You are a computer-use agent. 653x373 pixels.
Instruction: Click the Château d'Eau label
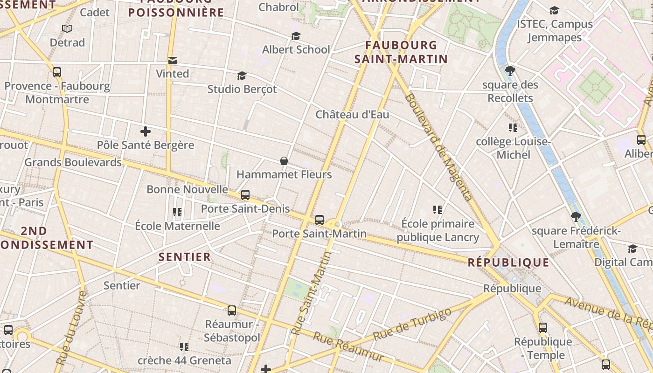(x=352, y=114)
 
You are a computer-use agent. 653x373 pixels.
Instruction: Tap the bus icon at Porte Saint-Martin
(x=320, y=220)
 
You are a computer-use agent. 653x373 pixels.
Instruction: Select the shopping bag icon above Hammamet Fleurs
(x=284, y=161)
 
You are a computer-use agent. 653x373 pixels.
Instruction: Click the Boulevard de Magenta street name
(x=439, y=147)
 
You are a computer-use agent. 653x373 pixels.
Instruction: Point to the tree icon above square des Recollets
(x=510, y=71)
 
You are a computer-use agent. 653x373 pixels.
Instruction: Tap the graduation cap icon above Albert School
(x=296, y=36)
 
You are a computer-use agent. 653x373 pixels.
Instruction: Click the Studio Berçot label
(x=242, y=89)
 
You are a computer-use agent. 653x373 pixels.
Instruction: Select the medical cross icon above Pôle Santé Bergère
(x=146, y=131)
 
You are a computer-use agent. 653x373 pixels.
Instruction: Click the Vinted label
(x=172, y=74)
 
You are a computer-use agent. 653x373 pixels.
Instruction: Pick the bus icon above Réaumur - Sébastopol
(x=232, y=310)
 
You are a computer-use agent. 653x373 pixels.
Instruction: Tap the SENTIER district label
(x=185, y=257)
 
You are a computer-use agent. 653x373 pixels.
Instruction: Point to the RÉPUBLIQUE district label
(x=508, y=262)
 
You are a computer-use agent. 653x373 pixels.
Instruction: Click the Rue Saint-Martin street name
(x=310, y=294)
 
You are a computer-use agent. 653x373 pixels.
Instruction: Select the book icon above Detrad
(x=67, y=29)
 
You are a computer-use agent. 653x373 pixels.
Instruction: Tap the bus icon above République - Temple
(x=543, y=328)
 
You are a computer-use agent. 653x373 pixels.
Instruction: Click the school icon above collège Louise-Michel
(x=513, y=128)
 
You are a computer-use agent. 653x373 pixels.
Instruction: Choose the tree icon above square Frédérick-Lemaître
(x=576, y=217)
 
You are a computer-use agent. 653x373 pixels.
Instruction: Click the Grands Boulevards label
(x=73, y=162)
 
